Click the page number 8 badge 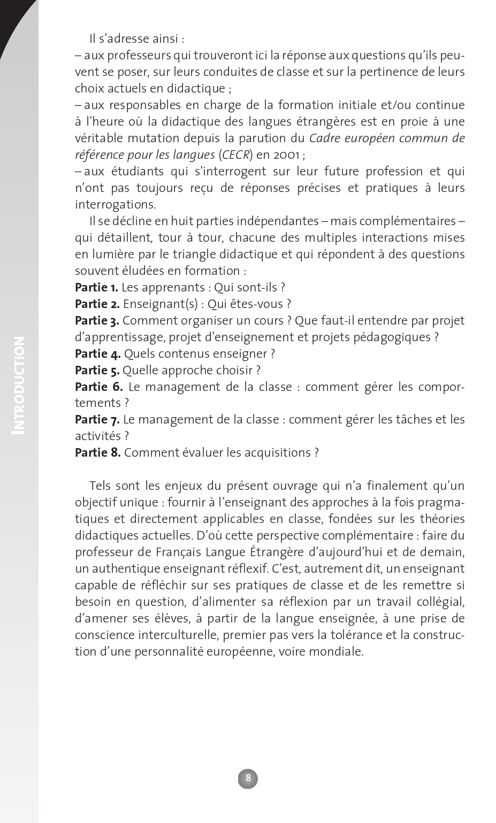tap(248, 778)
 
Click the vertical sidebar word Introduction tap(19, 384)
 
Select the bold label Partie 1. tap(96, 288)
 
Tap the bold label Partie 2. tap(97, 304)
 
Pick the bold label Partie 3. tap(97, 321)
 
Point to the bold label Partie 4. tap(97, 354)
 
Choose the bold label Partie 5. tap(97, 371)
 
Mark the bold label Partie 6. tap(98, 387)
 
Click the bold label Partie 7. tap(97, 420)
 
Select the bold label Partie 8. tap(97, 453)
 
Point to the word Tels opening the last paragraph tap(101, 486)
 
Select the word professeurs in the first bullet tap(141, 56)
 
